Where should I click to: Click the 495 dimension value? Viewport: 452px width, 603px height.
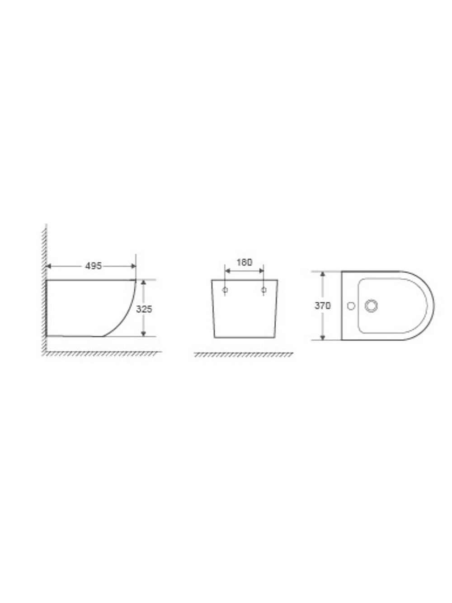[x=93, y=266]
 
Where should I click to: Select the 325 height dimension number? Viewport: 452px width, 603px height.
[x=144, y=309]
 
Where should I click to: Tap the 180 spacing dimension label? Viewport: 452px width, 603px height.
[x=244, y=262]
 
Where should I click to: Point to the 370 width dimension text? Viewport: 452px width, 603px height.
[x=322, y=305]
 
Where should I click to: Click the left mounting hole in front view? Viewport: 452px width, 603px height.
[x=225, y=290]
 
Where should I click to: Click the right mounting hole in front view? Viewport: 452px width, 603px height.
[x=264, y=290]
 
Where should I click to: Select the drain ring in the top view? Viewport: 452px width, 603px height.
[x=371, y=305]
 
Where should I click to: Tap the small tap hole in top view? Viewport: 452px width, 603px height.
[x=351, y=306]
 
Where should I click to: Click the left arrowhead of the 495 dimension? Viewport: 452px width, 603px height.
[x=48, y=266]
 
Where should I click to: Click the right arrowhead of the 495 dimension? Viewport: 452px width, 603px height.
[x=134, y=266]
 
